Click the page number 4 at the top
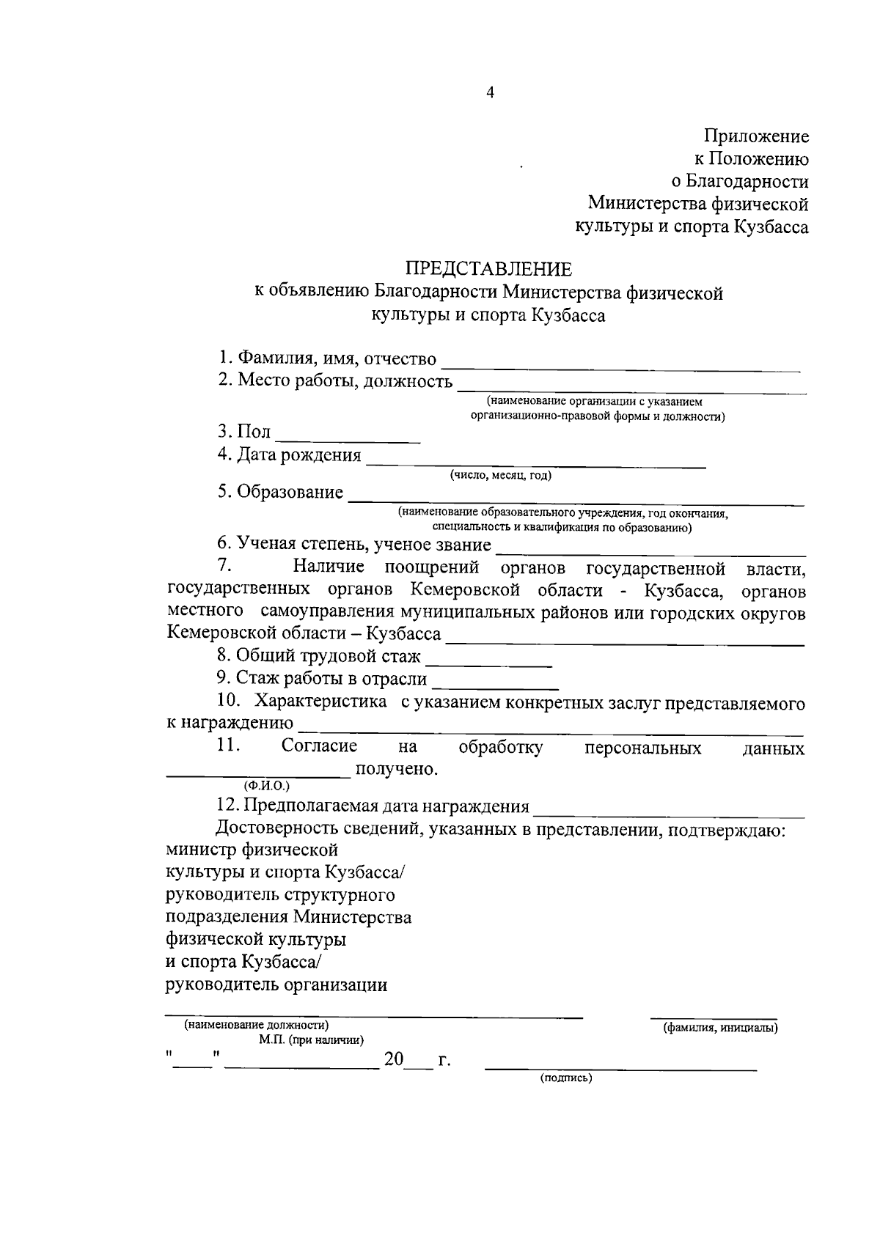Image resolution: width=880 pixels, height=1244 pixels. tap(490, 92)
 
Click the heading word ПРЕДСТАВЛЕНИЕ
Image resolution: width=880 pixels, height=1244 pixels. tap(489, 269)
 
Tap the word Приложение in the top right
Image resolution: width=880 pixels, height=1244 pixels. tap(756, 136)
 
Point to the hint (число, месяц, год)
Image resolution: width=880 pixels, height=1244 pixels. tap(501, 476)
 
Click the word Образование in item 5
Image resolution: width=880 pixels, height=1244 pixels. tap(290, 492)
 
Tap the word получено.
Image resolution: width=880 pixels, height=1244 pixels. tap(397, 769)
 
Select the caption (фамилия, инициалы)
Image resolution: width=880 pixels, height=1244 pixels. tap(720, 1028)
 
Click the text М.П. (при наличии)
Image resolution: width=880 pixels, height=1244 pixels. tap(312, 1040)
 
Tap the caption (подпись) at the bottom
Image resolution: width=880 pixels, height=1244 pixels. tap(566, 1078)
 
